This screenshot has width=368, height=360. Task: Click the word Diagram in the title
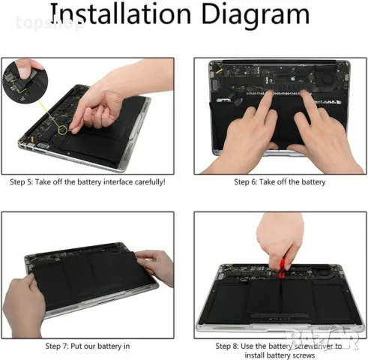(x=257, y=14)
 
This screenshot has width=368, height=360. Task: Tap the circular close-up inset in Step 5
(x=21, y=80)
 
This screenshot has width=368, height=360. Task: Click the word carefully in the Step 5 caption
(x=141, y=181)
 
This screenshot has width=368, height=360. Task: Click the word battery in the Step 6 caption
(x=313, y=181)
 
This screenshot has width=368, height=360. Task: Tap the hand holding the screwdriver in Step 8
(x=278, y=236)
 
